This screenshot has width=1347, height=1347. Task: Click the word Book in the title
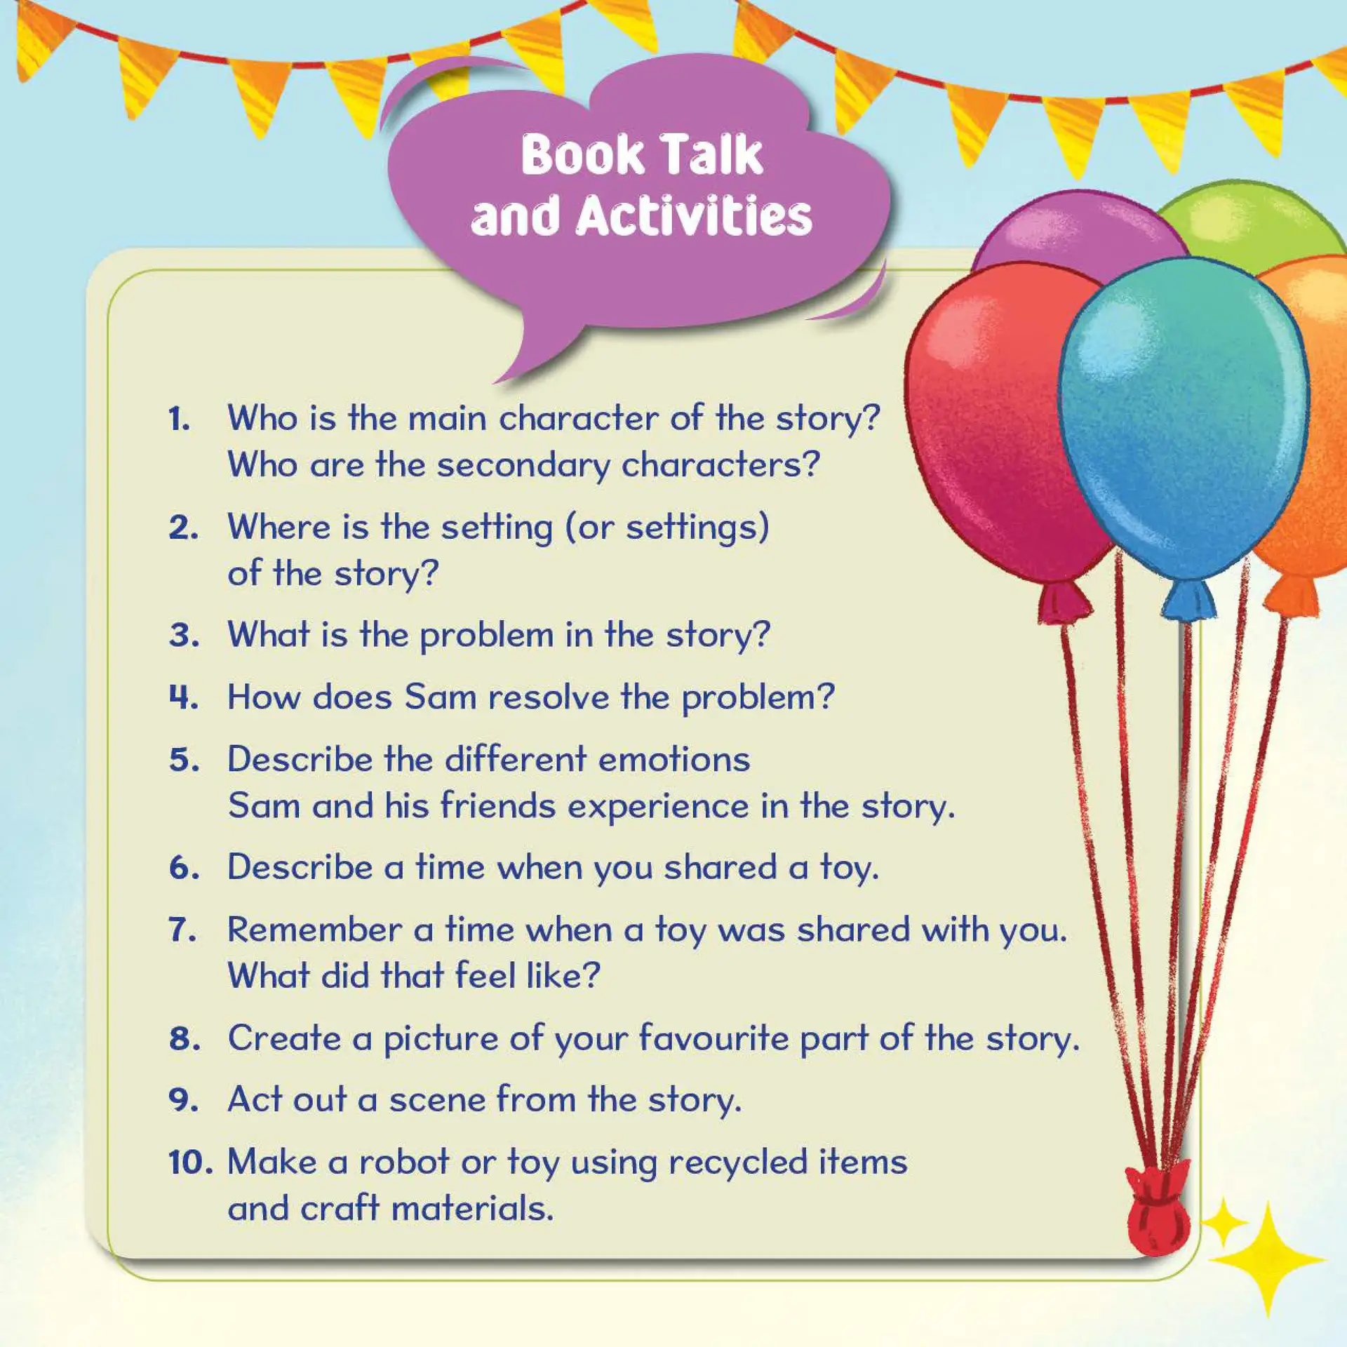pyautogui.click(x=582, y=154)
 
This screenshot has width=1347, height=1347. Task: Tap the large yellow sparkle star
pyautogui.click(x=1267, y=1260)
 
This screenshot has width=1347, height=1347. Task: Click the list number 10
pyautogui.click(x=190, y=1162)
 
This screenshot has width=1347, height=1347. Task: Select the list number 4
pyautogui.click(x=184, y=697)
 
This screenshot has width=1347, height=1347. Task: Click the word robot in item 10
pyautogui.click(x=404, y=1162)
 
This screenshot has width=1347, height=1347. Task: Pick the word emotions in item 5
pyautogui.click(x=674, y=760)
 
